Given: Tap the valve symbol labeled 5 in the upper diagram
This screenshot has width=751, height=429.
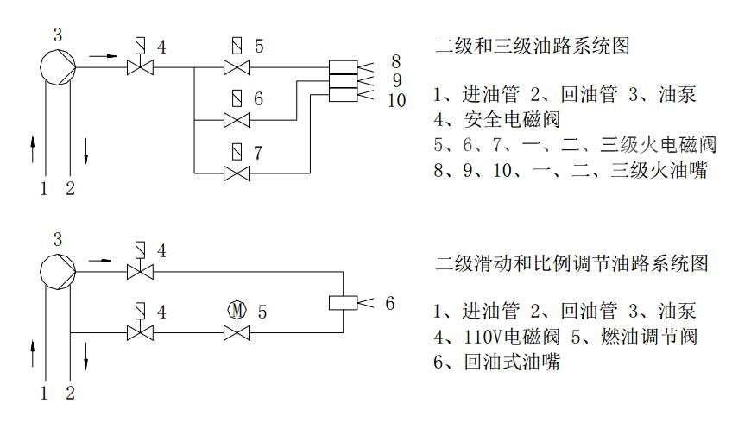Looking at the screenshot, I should [x=231, y=65].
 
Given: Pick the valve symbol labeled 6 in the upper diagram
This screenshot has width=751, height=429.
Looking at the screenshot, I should [x=231, y=118].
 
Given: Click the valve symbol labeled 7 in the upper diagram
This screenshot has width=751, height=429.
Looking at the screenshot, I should [x=231, y=172].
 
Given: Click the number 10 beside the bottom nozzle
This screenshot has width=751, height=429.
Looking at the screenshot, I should [x=396, y=101].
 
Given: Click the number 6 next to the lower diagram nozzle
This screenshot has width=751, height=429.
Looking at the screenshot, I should [x=389, y=303].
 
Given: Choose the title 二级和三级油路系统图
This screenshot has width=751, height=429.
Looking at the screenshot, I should [x=532, y=46].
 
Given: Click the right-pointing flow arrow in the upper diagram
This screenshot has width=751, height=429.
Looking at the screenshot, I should [x=103, y=56].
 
